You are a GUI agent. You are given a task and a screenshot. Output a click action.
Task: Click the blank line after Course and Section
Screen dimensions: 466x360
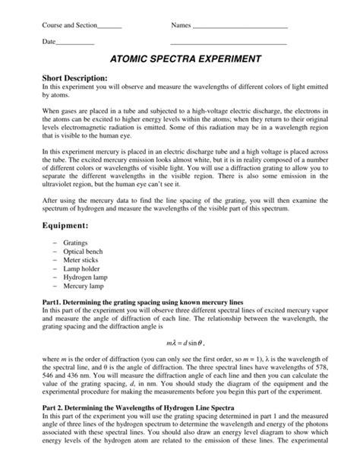[x=110, y=27]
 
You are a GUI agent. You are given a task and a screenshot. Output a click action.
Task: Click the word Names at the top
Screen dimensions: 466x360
[x=181, y=26]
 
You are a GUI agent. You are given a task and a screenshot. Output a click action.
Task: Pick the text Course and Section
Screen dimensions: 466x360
[x=70, y=26]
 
